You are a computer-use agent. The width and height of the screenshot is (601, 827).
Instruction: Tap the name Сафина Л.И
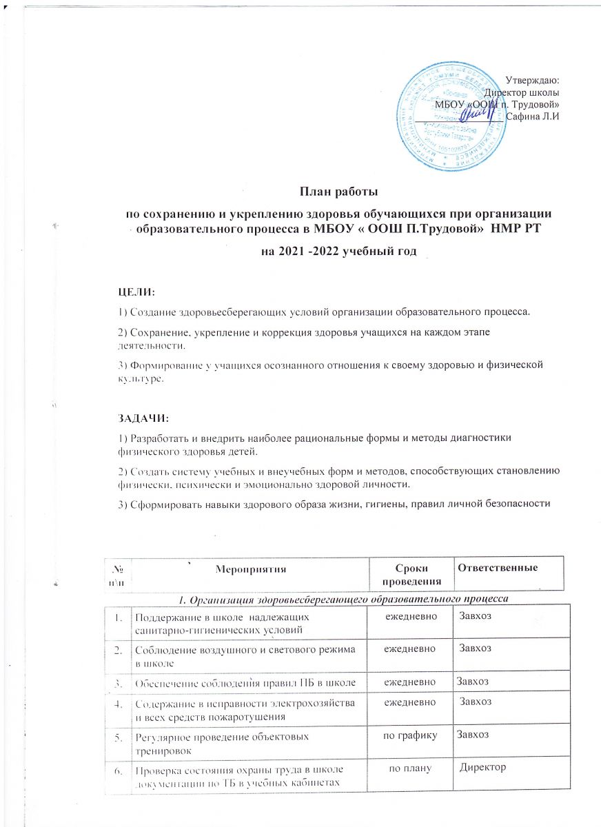click(x=532, y=115)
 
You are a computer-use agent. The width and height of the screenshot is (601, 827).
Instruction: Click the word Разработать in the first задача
click(x=158, y=438)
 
